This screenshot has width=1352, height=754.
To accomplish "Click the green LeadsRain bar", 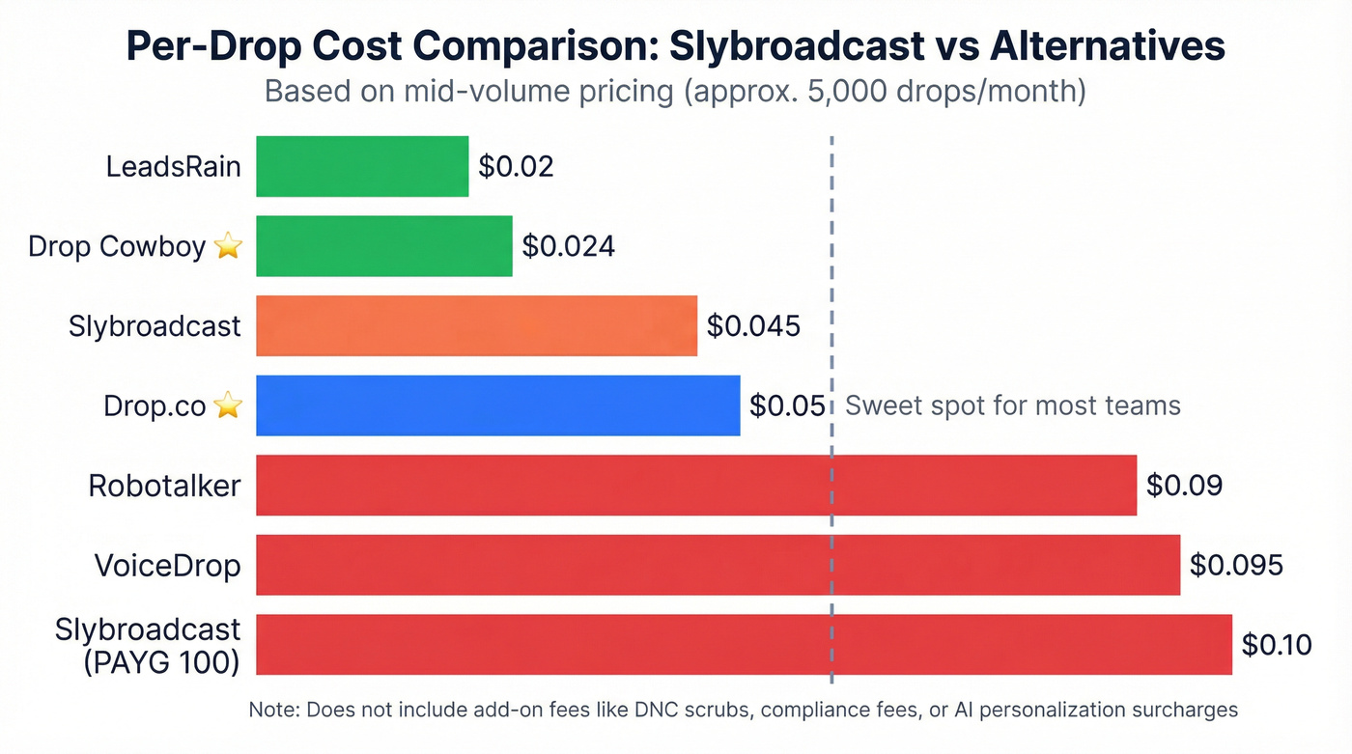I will coord(362,166).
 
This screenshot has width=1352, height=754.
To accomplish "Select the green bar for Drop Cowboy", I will coord(383,246).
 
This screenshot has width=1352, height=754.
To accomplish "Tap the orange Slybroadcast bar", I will coord(476,325).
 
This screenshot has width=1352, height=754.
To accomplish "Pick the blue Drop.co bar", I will coord(497,405).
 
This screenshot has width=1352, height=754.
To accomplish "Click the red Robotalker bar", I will coord(695,485).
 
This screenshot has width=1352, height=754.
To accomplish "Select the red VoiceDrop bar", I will coord(718,565).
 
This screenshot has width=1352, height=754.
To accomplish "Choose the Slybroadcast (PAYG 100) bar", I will coord(744,644).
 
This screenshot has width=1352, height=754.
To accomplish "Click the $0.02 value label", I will coord(516,166).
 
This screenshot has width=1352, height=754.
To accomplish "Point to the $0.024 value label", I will coord(568,246).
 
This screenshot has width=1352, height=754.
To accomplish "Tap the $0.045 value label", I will coord(753,325).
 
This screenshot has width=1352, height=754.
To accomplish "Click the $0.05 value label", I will coord(787,405).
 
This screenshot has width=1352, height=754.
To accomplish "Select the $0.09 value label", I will coord(1184,485).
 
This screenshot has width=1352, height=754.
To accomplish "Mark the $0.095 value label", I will coord(1235,565).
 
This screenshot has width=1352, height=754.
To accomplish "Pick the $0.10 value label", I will coord(1276,644).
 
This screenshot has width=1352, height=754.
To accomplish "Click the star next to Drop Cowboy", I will coord(227,247).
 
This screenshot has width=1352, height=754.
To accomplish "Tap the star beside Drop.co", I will coord(227,406).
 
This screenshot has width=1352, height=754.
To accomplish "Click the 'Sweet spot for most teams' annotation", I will coord(1012,405).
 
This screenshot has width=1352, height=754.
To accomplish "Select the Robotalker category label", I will coord(164,485).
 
